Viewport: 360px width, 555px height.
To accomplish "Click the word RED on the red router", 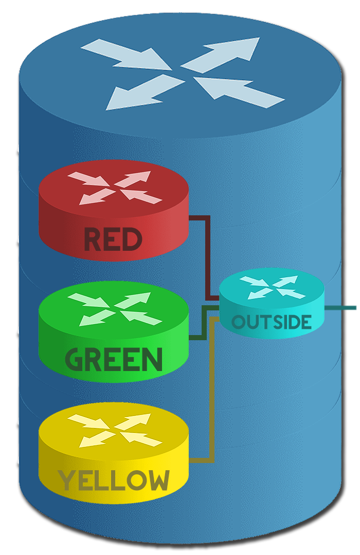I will tap(113, 240).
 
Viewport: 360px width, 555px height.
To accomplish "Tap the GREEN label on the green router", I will tap(114, 359).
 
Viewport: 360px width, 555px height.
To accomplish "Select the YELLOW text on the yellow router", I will tap(114, 480).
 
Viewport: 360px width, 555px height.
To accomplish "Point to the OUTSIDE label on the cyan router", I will tap(272, 322).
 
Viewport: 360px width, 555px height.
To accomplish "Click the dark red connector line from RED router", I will tap(208, 257).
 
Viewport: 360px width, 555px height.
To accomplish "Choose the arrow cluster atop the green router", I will tap(114, 308).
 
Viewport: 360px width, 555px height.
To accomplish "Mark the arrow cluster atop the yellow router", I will tap(114, 430).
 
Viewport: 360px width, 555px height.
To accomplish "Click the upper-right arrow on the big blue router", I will tap(222, 54).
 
